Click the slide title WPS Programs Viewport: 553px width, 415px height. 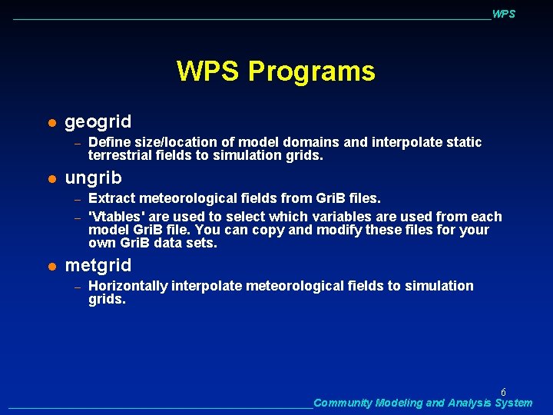coord(276,71)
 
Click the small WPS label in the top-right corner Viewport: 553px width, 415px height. coord(503,14)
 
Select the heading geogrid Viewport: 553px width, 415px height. coord(98,121)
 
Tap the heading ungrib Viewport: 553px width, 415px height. coord(94,178)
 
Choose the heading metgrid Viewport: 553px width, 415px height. coord(98,266)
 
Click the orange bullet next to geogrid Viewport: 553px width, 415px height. coord(51,122)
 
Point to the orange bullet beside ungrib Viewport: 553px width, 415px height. coord(51,179)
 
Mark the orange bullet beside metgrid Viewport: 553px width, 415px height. coord(51,267)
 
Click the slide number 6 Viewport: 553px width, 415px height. coord(503,392)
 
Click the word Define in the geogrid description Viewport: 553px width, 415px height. coord(108,142)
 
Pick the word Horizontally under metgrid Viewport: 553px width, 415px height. coord(128,286)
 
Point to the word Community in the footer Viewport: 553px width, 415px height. coord(343,403)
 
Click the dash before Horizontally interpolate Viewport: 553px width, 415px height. coord(77,287)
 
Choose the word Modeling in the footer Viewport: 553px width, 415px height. coord(399,403)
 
